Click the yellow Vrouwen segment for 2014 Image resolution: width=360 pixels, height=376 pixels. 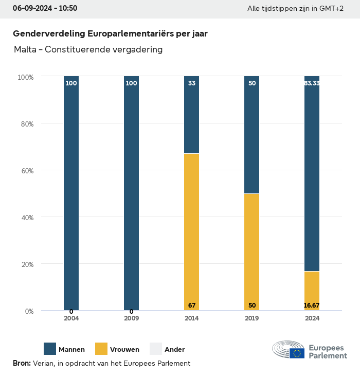coord(191,231)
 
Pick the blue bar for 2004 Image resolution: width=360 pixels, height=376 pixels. coord(71,193)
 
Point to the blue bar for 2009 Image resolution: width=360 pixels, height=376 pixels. coord(131,193)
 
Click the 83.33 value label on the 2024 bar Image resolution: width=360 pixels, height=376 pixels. coord(312,83)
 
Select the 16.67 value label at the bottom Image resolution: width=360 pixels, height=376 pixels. coord(312,306)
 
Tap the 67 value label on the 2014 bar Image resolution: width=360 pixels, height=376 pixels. coord(192,306)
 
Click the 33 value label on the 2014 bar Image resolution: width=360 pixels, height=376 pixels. coord(192,83)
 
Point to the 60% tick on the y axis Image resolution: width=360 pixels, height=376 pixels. coord(26,170)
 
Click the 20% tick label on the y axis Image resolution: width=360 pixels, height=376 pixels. coord(26,264)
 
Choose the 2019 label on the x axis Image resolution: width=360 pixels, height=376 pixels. coord(252,318)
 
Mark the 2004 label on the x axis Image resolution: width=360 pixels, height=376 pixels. coord(71,318)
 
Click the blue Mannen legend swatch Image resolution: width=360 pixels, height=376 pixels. coord(50,349)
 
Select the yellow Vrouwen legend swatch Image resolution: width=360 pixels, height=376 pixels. coord(101,349)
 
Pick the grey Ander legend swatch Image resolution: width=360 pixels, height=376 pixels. coord(156,349)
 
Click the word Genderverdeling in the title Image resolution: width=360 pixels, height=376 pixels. coord(49,33)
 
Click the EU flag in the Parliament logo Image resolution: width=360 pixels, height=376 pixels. coord(297,353)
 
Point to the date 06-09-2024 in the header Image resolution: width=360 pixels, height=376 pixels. coord(31,9)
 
